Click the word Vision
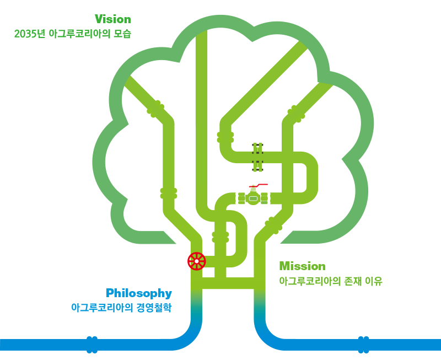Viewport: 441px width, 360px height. (113, 19)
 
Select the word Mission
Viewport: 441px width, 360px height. (302, 266)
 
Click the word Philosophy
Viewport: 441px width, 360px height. (139, 294)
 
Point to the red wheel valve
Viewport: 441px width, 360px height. (197, 261)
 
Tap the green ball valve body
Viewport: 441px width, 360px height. (253, 198)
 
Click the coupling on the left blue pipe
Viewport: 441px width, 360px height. (92, 345)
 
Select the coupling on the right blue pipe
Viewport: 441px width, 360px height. (363, 345)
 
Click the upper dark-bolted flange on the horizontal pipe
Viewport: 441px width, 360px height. (257, 148)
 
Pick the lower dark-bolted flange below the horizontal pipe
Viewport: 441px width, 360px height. (257, 165)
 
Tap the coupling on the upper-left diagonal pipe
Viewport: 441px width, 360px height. (155, 109)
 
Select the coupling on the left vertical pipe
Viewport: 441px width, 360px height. (169, 194)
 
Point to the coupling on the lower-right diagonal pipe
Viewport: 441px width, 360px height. (273, 225)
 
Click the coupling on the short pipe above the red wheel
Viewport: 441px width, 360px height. (220, 237)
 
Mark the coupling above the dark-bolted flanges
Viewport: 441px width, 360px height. (225, 137)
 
